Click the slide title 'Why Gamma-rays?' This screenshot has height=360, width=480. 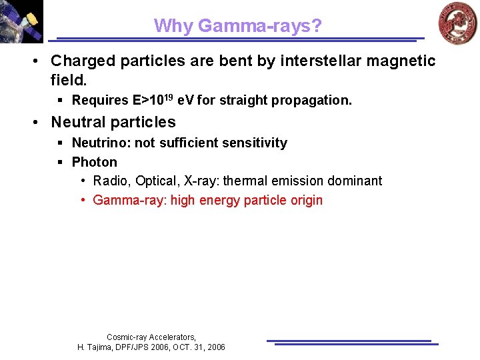tap(238, 26)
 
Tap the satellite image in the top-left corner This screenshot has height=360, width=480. tap(21, 21)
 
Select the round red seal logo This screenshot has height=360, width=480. tap(457, 23)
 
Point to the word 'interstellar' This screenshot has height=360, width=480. tap(316, 61)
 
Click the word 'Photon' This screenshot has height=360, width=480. tap(94, 162)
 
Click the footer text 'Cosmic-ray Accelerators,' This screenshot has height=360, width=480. tap(151, 337)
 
